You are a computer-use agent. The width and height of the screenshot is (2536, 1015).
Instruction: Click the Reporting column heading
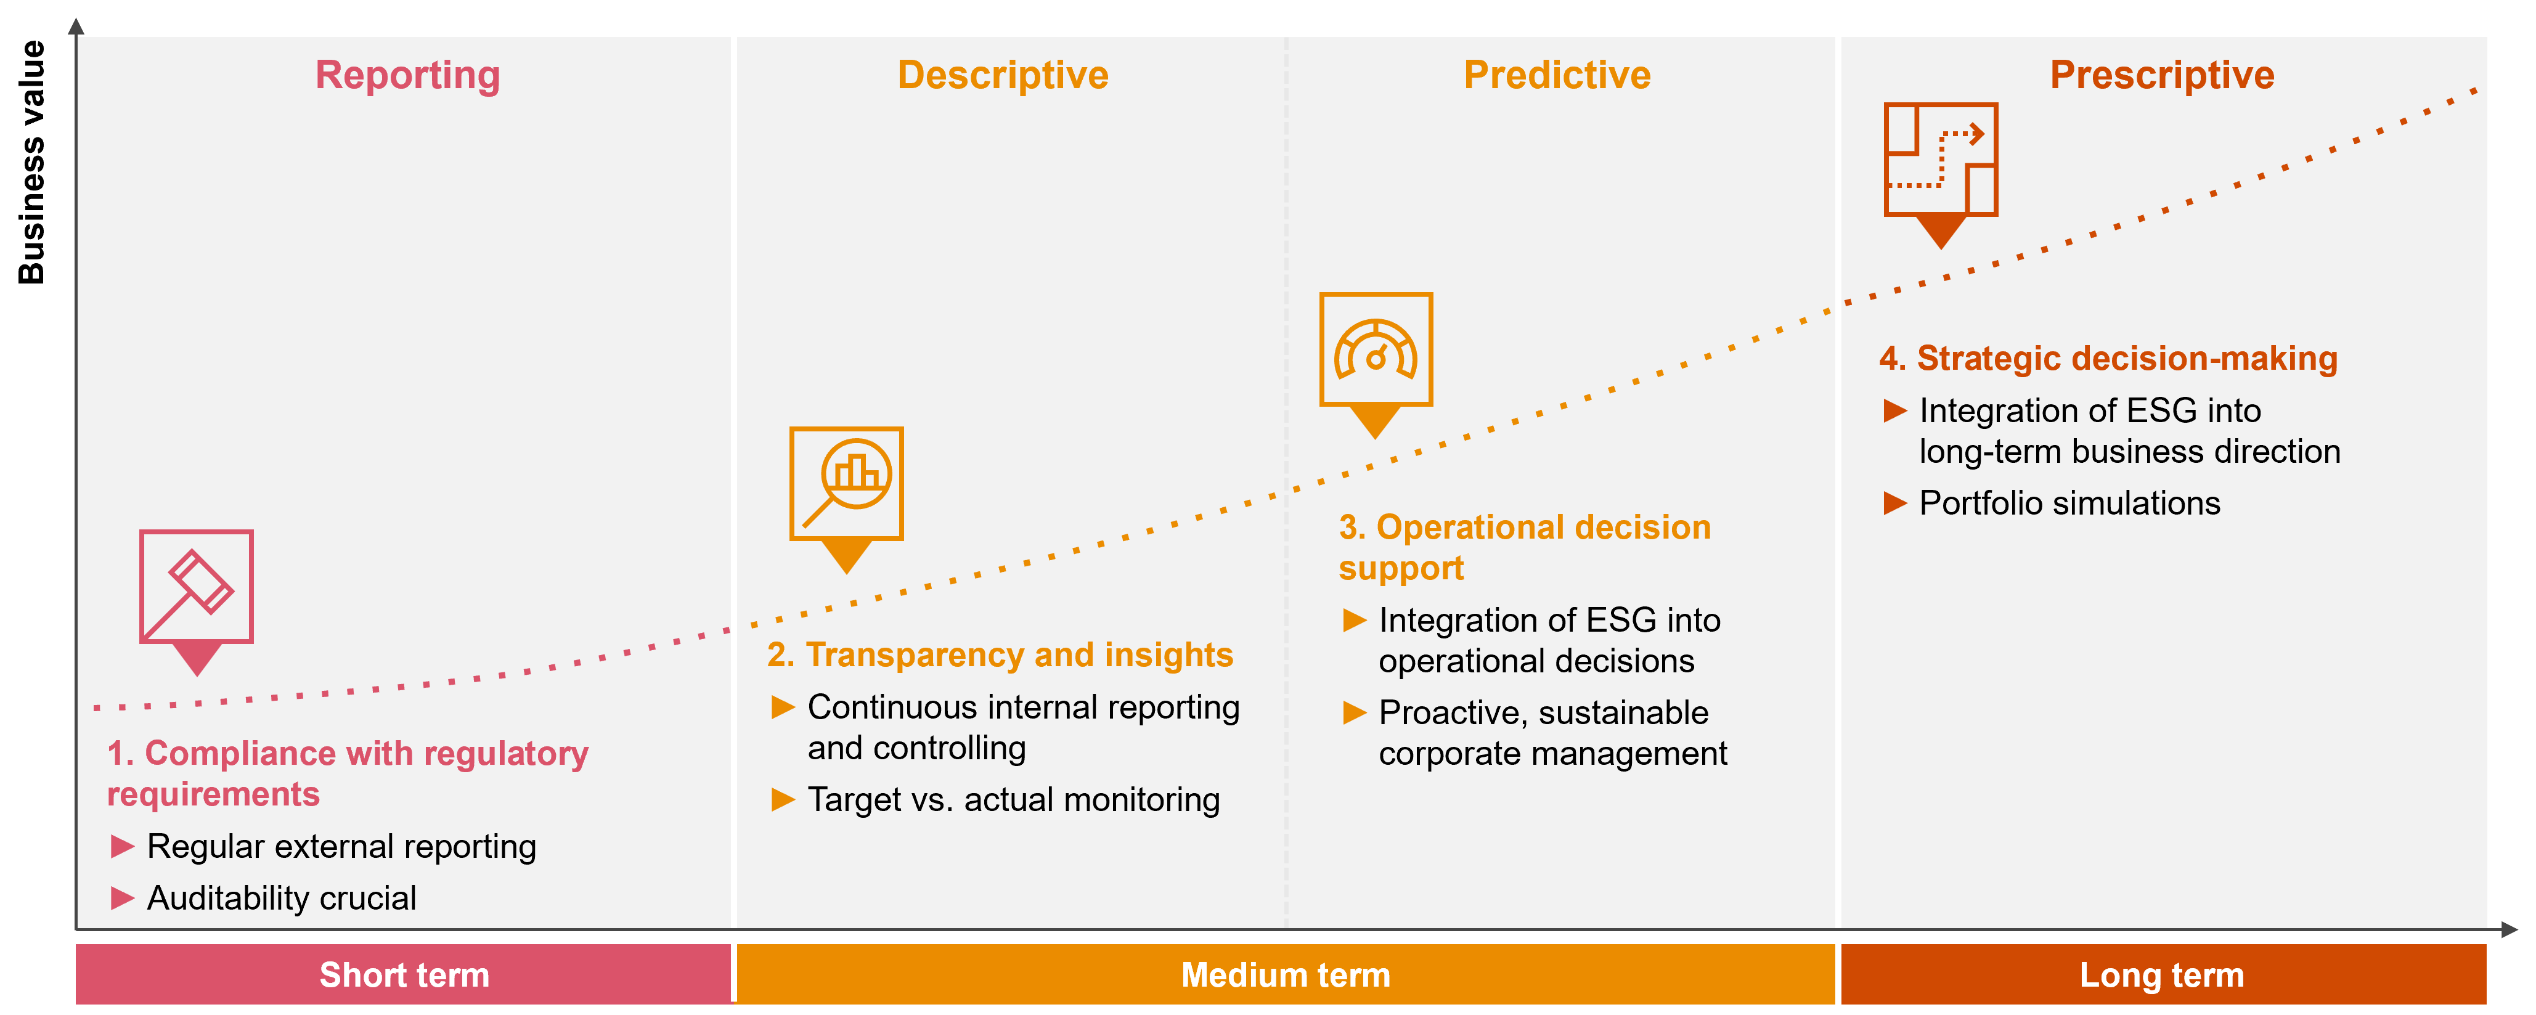pos(407,75)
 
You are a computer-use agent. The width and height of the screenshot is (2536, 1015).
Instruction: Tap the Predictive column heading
pos(1557,75)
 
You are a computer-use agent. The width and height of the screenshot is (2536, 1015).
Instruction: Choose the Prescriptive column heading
pos(2162,75)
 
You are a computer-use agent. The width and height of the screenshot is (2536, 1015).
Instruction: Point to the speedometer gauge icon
pos(1376,349)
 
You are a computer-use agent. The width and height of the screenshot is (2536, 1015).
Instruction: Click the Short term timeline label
pos(404,975)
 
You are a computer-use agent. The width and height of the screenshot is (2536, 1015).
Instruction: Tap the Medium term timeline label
pos(1286,975)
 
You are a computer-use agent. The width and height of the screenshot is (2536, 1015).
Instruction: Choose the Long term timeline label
pos(2162,975)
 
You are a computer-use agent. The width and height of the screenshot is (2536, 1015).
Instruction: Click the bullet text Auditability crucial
pos(282,898)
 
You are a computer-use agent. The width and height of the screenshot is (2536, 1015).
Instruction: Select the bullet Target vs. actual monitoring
pos(1013,799)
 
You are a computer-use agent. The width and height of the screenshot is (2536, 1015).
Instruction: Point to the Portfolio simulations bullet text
pos(2069,503)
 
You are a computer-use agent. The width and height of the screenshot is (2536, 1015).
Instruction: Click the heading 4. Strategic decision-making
pos(2108,358)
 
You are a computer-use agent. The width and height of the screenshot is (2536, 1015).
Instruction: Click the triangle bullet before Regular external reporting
pos(122,846)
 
